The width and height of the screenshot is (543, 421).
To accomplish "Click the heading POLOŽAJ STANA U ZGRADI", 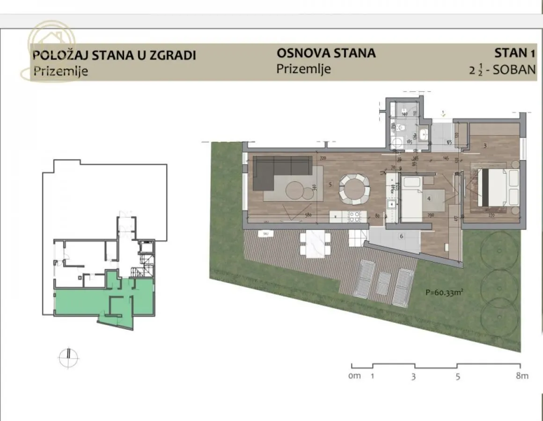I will pyautogui.click(x=114, y=55).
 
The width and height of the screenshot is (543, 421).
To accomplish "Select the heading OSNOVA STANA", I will pyautogui.click(x=326, y=53).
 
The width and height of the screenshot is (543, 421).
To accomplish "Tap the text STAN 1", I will pyautogui.click(x=514, y=52).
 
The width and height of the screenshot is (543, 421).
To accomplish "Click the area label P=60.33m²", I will pyautogui.click(x=445, y=294).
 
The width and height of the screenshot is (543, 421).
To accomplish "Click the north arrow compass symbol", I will pyautogui.click(x=68, y=357).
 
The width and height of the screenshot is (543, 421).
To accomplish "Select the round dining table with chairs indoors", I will pyautogui.click(x=355, y=189).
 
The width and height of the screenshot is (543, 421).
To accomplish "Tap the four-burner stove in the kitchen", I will pyautogui.click(x=354, y=217).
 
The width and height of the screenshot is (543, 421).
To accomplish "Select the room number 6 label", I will pyautogui.click(x=401, y=236).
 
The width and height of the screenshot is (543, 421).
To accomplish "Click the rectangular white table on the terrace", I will pyautogui.click(x=315, y=244).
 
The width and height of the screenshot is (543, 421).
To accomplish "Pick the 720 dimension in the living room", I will pyautogui.click(x=323, y=159).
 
